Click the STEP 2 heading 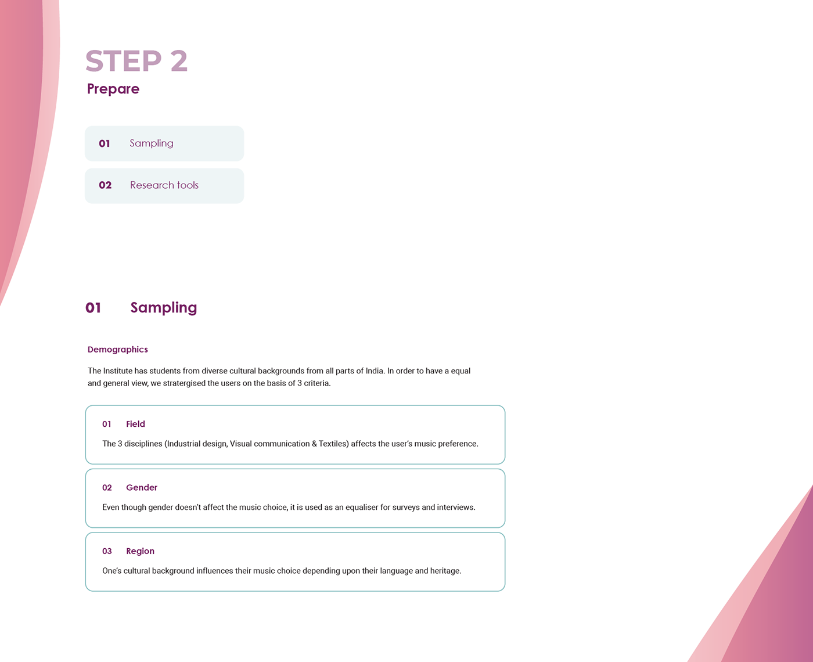coord(136,61)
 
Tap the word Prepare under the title coord(113,89)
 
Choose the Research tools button coord(164,186)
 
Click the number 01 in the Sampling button coord(105,143)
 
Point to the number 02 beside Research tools coord(105,185)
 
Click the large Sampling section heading coord(164,308)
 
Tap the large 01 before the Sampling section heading coord(93,308)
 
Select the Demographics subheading coord(118,350)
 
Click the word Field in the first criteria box coord(136,424)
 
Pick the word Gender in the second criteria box coord(142,488)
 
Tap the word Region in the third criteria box coord(141,551)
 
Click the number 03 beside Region coord(107,551)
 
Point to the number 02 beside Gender coord(107,488)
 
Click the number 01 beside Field coord(107,424)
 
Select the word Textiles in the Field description coord(333,444)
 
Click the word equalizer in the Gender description coord(362,508)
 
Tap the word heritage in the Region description coord(444,571)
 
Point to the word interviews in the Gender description coord(456,508)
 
